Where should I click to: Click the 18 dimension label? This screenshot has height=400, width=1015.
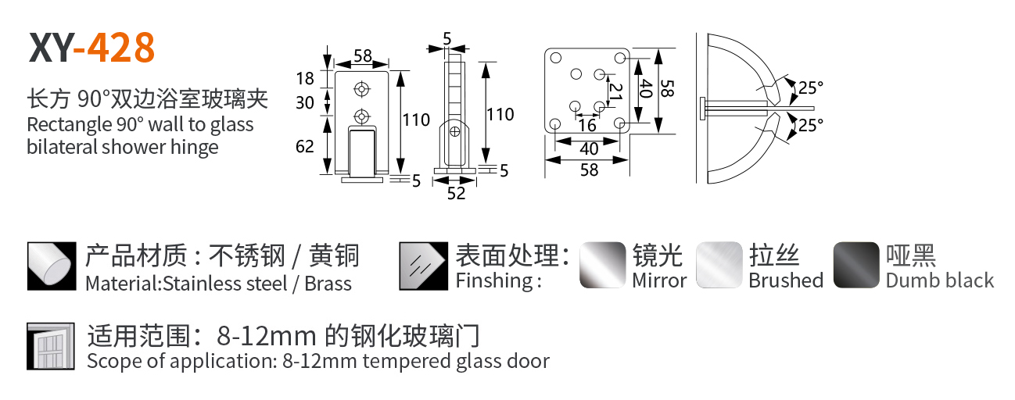point(305,78)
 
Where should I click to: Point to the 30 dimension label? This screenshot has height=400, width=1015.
point(305,102)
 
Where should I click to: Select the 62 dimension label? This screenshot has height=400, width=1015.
point(305,145)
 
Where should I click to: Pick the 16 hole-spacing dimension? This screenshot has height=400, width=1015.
point(586,125)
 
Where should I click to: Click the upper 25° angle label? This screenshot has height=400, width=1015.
point(811,87)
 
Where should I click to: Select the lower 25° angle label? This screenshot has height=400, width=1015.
point(811,124)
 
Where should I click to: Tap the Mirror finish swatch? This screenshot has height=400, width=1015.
point(602,265)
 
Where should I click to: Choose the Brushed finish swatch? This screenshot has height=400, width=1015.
point(719,265)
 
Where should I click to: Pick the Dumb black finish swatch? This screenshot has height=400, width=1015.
point(856,265)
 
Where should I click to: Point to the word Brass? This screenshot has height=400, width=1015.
point(328,284)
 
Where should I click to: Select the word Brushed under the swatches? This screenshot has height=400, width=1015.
point(786,280)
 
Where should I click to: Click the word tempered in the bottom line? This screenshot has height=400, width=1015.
point(401,361)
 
